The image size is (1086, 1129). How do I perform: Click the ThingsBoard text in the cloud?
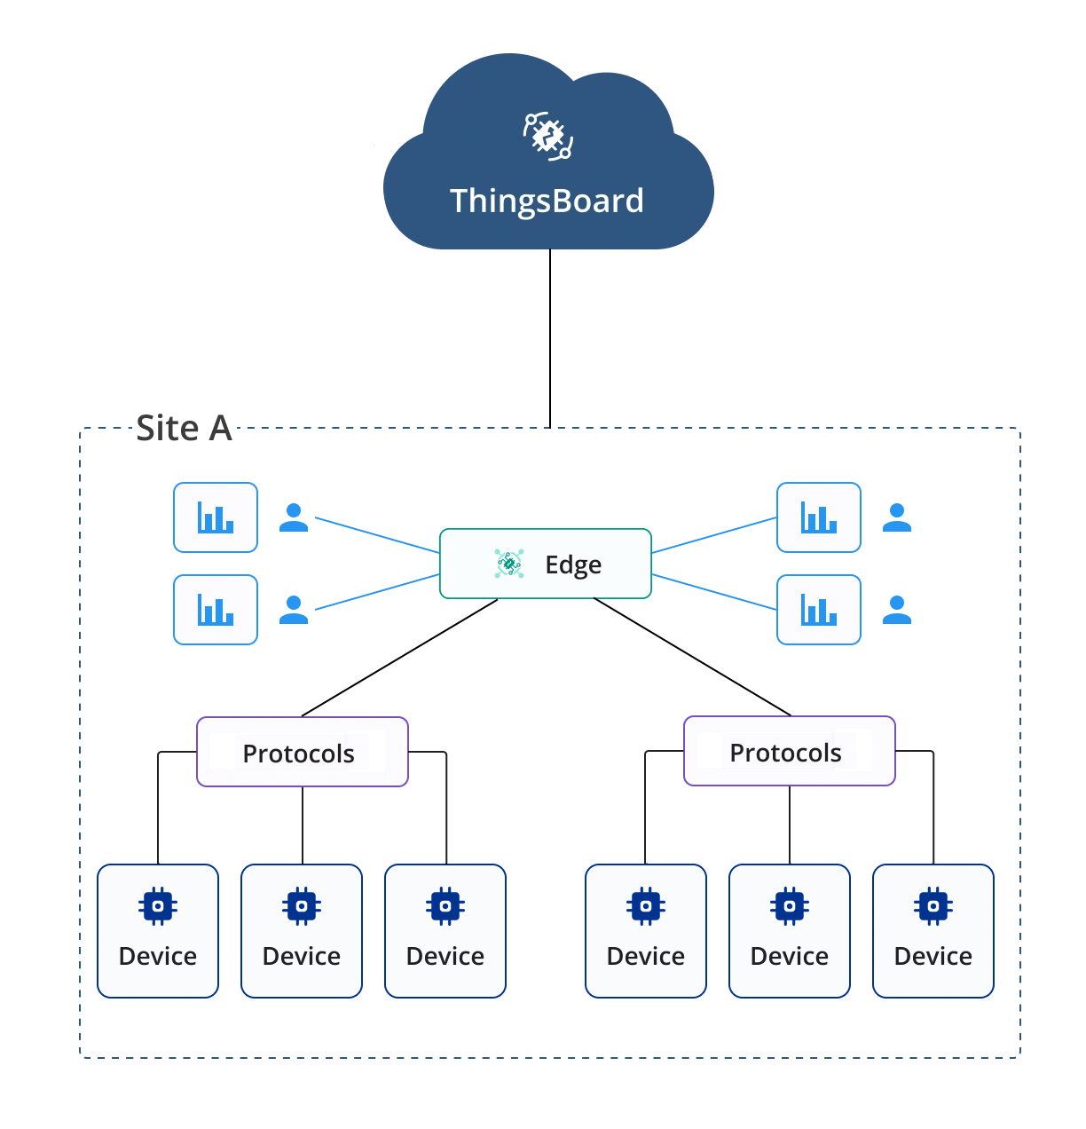pos(547,201)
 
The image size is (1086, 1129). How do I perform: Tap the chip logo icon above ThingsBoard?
pos(547,136)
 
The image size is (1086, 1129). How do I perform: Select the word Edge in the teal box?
pos(573,564)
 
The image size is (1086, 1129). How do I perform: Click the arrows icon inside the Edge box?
pos(509,564)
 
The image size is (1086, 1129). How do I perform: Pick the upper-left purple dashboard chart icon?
pos(216,517)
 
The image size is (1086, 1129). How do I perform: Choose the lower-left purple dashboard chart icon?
pos(216,610)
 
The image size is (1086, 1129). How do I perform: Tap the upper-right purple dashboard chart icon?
pos(818,517)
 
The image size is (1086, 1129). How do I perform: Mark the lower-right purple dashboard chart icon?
pos(818,610)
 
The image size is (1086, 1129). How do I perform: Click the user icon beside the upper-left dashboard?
pos(294,517)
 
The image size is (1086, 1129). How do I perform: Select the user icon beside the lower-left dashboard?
pos(294,610)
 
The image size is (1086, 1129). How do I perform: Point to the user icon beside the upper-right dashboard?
pos(897,517)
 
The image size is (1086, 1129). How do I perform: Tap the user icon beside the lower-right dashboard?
pos(897,610)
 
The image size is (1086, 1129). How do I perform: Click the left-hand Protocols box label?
pos(299,754)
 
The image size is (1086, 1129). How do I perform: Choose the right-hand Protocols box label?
pos(786,753)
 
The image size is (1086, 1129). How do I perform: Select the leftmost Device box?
pos(157,930)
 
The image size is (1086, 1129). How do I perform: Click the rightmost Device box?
pos(933,930)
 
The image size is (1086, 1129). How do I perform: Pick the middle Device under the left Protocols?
pos(302,930)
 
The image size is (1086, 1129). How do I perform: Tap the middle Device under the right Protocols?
pos(790,930)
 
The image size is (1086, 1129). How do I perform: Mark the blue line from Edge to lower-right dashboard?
pos(714,592)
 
